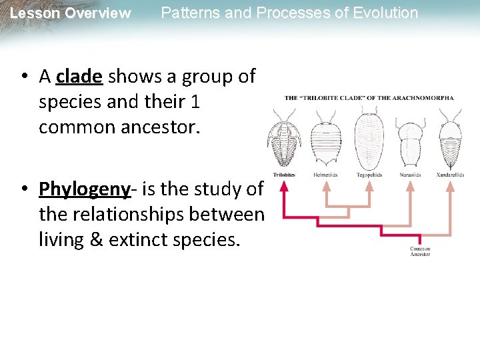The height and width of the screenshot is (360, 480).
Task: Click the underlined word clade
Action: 79,77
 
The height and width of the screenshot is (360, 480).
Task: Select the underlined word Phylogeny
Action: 84,189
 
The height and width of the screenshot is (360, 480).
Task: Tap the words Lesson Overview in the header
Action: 71,13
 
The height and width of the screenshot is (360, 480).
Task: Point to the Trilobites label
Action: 284,175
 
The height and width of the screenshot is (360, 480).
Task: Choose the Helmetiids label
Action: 325,175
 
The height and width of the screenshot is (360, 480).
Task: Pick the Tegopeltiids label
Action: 369,175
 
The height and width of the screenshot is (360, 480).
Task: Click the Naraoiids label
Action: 410,175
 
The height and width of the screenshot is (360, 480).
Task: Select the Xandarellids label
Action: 451,175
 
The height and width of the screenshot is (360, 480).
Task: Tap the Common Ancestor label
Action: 420,251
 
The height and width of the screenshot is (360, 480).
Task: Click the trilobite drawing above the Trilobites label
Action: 284,141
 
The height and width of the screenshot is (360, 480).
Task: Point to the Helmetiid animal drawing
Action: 326,141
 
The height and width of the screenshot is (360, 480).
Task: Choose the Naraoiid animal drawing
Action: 409,141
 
